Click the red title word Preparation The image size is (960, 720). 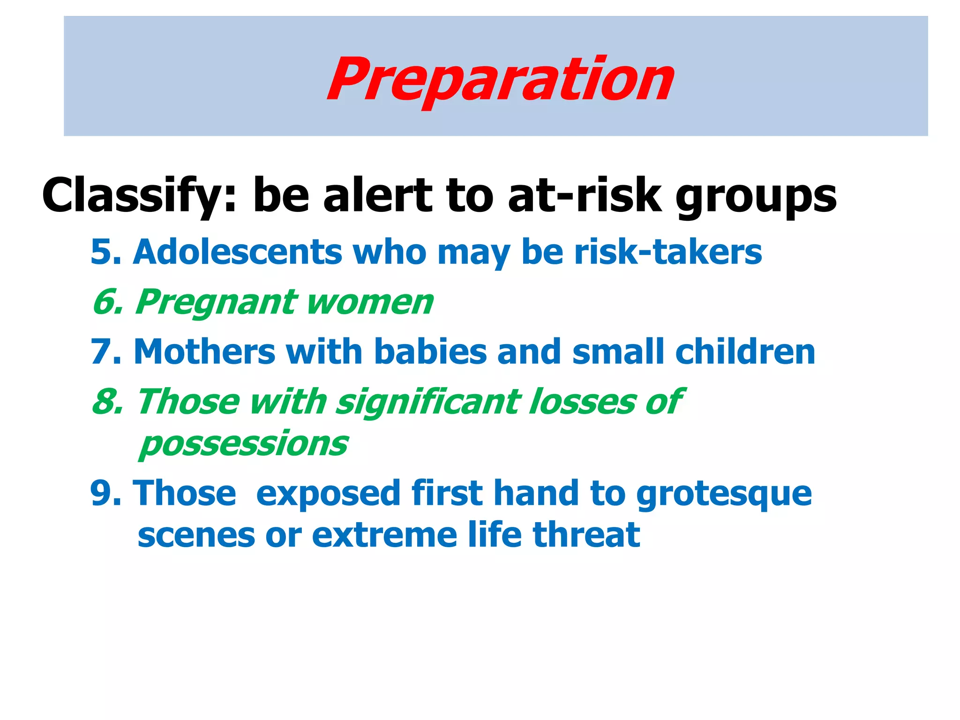(500, 80)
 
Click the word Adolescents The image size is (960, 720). (237, 252)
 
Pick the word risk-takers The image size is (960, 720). (668, 252)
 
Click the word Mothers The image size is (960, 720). (204, 352)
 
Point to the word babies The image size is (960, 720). (430, 352)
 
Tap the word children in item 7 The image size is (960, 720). (745, 352)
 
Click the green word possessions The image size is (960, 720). (244, 444)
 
